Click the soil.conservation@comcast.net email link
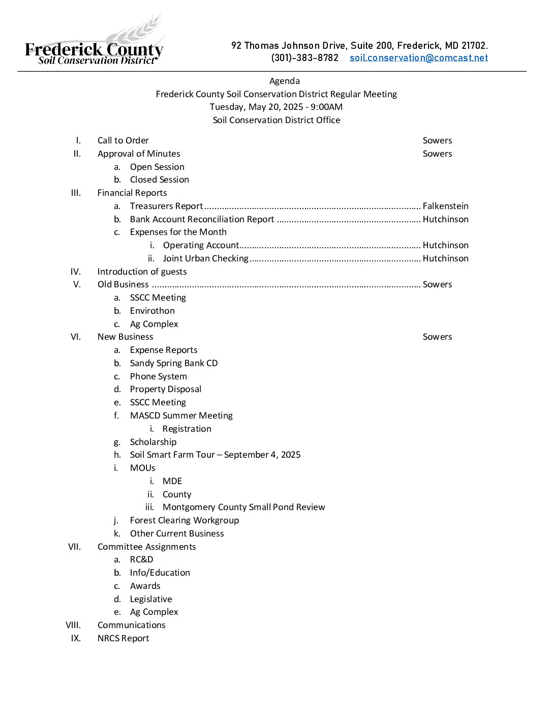418,58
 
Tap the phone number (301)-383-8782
304,58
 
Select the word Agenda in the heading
284,81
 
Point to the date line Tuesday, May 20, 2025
276,107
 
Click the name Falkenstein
445,206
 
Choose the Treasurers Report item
166,206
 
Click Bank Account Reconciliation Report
202,219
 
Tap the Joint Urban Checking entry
205,258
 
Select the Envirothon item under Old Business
152,311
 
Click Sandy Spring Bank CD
173,363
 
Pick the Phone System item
158,376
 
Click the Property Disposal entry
165,389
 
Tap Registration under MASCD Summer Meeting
187,429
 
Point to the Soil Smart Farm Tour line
215,455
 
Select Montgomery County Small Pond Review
243,507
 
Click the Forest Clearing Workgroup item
184,520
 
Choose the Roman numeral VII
74,547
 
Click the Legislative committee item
150,599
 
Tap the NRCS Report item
123,638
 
